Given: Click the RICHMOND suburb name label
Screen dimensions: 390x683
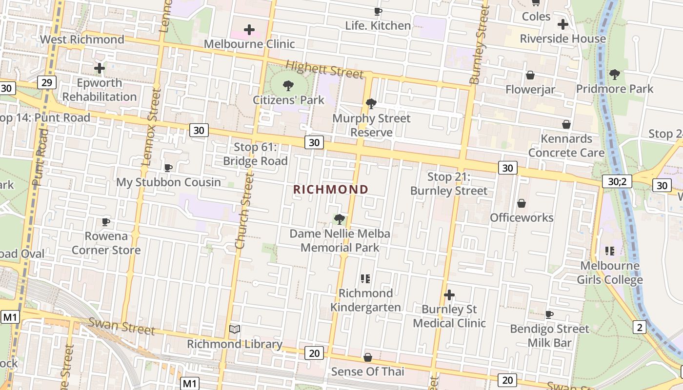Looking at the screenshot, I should (x=331, y=189).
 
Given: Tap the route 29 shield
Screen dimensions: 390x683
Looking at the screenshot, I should (x=46, y=82).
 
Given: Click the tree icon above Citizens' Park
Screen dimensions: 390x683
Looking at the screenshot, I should (x=288, y=86).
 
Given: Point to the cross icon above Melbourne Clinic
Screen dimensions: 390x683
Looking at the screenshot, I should (x=249, y=30).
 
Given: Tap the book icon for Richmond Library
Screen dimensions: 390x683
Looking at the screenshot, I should (x=235, y=330).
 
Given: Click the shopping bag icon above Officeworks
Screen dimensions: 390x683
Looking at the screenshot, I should (x=522, y=203).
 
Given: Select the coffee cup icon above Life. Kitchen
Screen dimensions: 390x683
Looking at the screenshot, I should (x=378, y=11).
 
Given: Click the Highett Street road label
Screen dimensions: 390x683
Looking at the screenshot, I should (x=324, y=69).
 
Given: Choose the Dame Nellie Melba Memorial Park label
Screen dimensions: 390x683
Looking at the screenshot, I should (x=340, y=241).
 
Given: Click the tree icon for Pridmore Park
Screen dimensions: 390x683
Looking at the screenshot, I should (x=614, y=75).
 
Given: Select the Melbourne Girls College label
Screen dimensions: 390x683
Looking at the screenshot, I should (x=609, y=273).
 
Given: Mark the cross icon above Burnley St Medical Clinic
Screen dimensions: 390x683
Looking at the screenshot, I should (x=449, y=295).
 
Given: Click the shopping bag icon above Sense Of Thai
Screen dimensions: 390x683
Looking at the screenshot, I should (x=368, y=357).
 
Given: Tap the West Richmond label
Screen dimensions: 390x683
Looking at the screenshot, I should (x=82, y=39).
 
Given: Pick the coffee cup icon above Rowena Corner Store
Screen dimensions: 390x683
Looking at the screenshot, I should (x=106, y=222).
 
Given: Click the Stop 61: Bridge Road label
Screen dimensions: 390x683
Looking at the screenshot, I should (x=255, y=154).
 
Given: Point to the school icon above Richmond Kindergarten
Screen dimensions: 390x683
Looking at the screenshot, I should (x=365, y=279).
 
